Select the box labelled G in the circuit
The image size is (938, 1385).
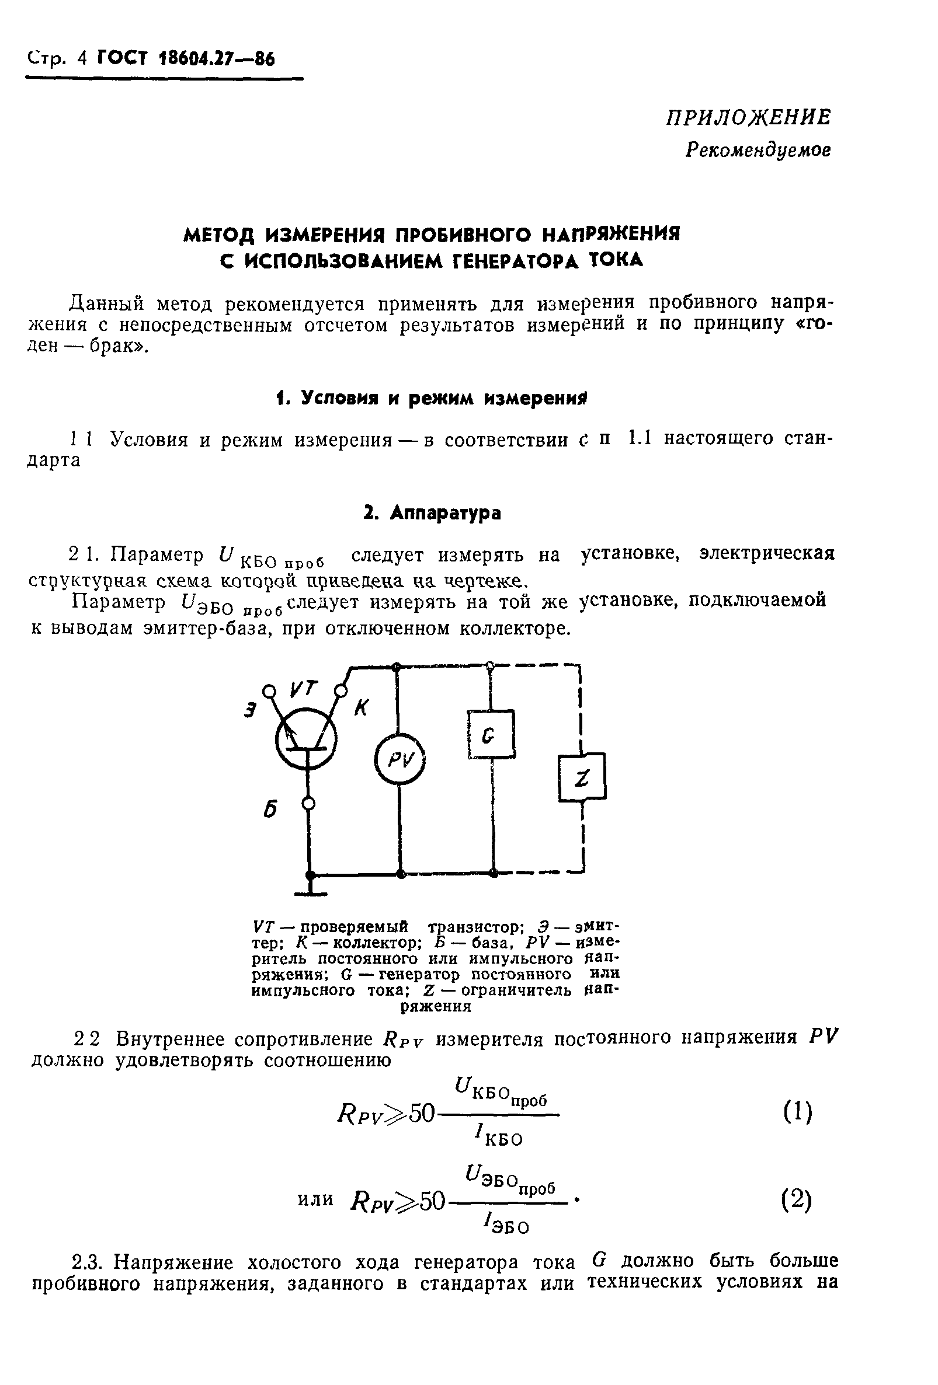click(x=491, y=734)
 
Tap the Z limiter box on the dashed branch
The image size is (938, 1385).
click(x=581, y=777)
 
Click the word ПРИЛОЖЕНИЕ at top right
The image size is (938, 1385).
click(x=748, y=117)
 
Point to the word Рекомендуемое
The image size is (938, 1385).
click(x=758, y=149)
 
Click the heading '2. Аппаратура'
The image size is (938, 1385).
click(x=432, y=513)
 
